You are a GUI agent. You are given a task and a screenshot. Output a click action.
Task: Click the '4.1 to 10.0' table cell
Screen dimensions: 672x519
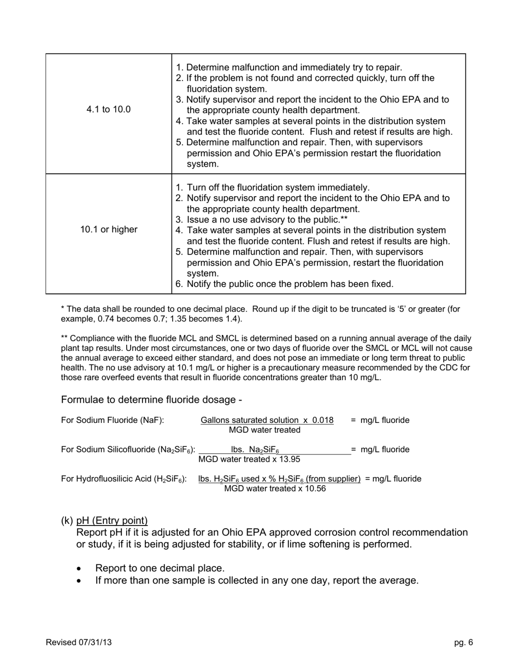click(x=108, y=109)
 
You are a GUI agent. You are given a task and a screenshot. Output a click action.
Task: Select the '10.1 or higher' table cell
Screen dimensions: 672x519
click(x=109, y=229)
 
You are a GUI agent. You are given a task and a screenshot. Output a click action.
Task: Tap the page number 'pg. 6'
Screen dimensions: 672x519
click(x=463, y=642)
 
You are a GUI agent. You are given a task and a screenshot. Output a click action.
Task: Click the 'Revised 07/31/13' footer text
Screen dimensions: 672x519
click(x=79, y=642)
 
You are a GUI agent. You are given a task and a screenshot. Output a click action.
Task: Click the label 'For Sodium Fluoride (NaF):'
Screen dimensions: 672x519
click(x=113, y=420)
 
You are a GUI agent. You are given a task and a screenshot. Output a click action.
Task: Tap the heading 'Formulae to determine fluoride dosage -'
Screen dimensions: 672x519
click(x=152, y=400)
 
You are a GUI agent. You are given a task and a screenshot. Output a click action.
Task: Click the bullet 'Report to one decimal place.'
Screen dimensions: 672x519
click(x=160, y=568)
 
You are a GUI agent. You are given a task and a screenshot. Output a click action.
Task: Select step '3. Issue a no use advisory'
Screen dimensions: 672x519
click(x=261, y=219)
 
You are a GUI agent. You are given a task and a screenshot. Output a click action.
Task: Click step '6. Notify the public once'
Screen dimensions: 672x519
click(x=284, y=284)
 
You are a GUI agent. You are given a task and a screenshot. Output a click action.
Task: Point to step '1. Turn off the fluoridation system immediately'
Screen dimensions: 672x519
click(x=273, y=187)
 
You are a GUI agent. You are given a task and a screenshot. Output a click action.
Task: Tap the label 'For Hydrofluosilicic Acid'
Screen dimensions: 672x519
click(x=124, y=479)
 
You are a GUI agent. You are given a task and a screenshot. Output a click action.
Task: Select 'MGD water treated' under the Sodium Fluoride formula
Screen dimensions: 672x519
click(x=264, y=430)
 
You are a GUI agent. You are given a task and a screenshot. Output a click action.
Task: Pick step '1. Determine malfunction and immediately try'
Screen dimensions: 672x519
click(x=288, y=67)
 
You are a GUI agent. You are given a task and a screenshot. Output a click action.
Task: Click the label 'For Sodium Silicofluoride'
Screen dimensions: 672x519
click(x=128, y=450)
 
